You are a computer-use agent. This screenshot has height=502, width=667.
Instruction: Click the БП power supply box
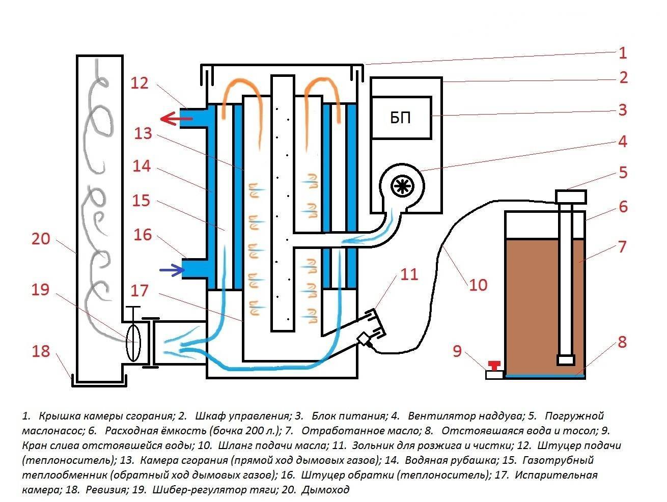[401, 118]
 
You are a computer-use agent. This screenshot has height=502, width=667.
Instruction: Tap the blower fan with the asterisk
[402, 187]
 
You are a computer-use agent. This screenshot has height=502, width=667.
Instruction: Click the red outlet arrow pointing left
[175, 119]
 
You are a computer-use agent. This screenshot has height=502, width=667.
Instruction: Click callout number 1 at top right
[622, 52]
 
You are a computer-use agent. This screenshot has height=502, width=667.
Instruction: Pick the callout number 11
[409, 274]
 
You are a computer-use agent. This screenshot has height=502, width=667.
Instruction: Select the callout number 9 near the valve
[457, 351]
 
